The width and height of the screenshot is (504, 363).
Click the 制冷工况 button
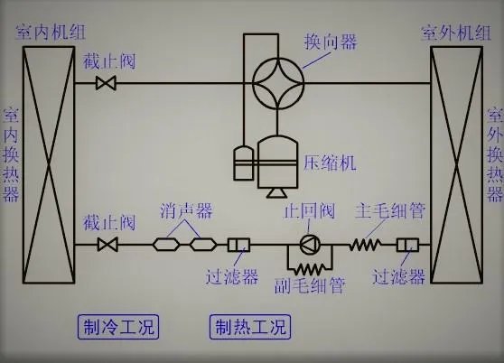[112, 326]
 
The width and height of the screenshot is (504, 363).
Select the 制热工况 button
[248, 326]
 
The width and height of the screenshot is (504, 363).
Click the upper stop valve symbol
[107, 84]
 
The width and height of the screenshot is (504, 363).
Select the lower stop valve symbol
[107, 245]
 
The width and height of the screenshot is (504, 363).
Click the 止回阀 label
[308, 213]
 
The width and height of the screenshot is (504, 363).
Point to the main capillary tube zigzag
[365, 244]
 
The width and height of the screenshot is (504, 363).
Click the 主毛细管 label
[389, 213]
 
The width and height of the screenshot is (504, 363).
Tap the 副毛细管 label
[309, 286]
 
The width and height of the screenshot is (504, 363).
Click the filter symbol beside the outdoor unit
[410, 244]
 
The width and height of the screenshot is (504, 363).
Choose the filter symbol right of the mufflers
[240, 244]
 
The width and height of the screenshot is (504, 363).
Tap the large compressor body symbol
[277, 160]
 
